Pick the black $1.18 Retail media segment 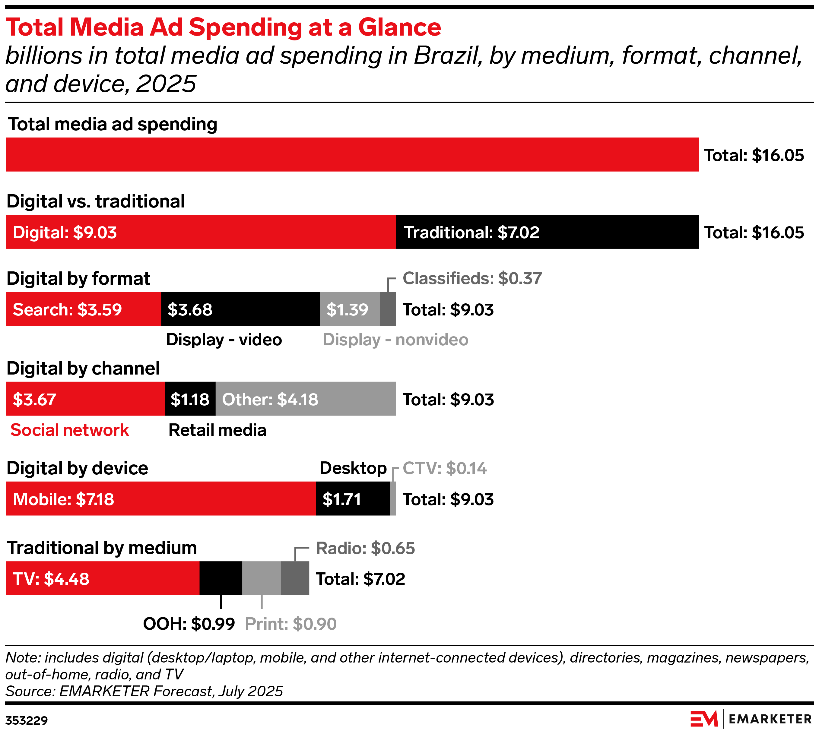[190, 399]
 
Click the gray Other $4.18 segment [305, 399]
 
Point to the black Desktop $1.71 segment [353, 498]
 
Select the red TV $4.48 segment [103, 578]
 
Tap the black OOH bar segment [221, 578]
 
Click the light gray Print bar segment [262, 578]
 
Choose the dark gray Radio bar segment [295, 578]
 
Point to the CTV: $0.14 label [445, 469]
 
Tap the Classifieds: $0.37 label [472, 279]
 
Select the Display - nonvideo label [395, 340]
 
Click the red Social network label [69, 430]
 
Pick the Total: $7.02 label [360, 579]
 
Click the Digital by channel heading [83, 369]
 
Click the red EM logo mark [704, 719]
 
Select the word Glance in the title [399, 27]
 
